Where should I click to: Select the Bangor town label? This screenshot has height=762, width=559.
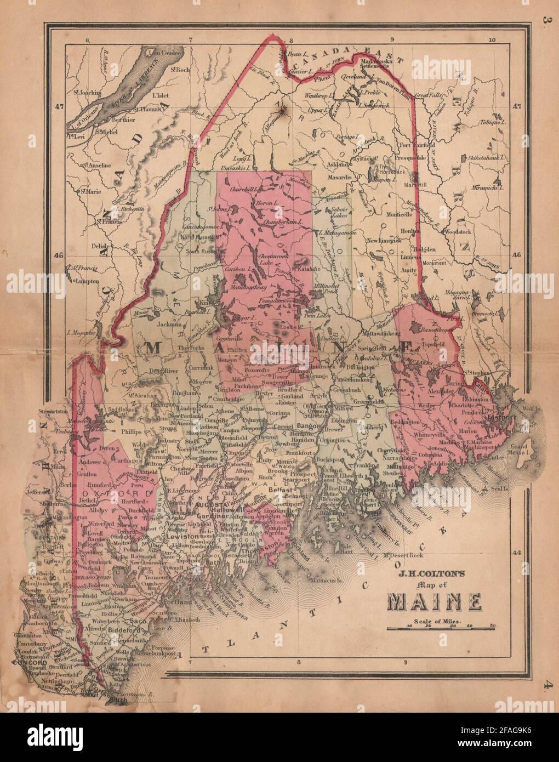click(x=309, y=425)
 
